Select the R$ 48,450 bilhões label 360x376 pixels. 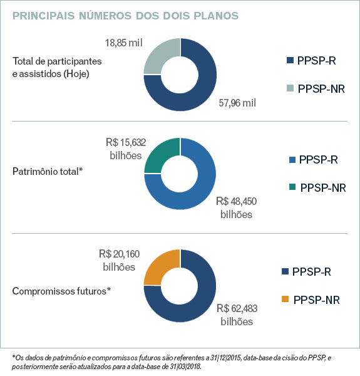click(236, 207)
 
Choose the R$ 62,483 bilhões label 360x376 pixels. click(237, 315)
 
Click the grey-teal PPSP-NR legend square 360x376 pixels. click(289, 89)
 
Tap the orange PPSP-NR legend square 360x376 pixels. click(287, 300)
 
